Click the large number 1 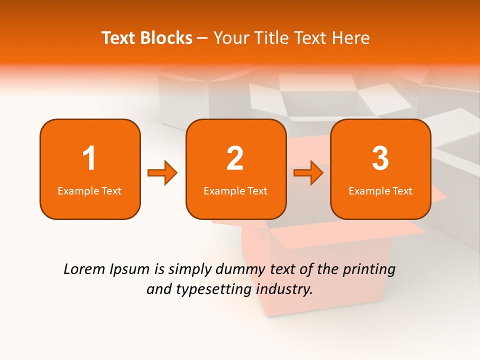pos(89,158)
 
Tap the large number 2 pos(235,158)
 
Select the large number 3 pos(380,158)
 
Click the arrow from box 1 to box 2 pos(162,173)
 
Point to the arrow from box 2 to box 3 pos(308,173)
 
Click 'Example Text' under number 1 pos(89,191)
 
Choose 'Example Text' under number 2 pos(235,191)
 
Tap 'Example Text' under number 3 pos(380,191)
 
